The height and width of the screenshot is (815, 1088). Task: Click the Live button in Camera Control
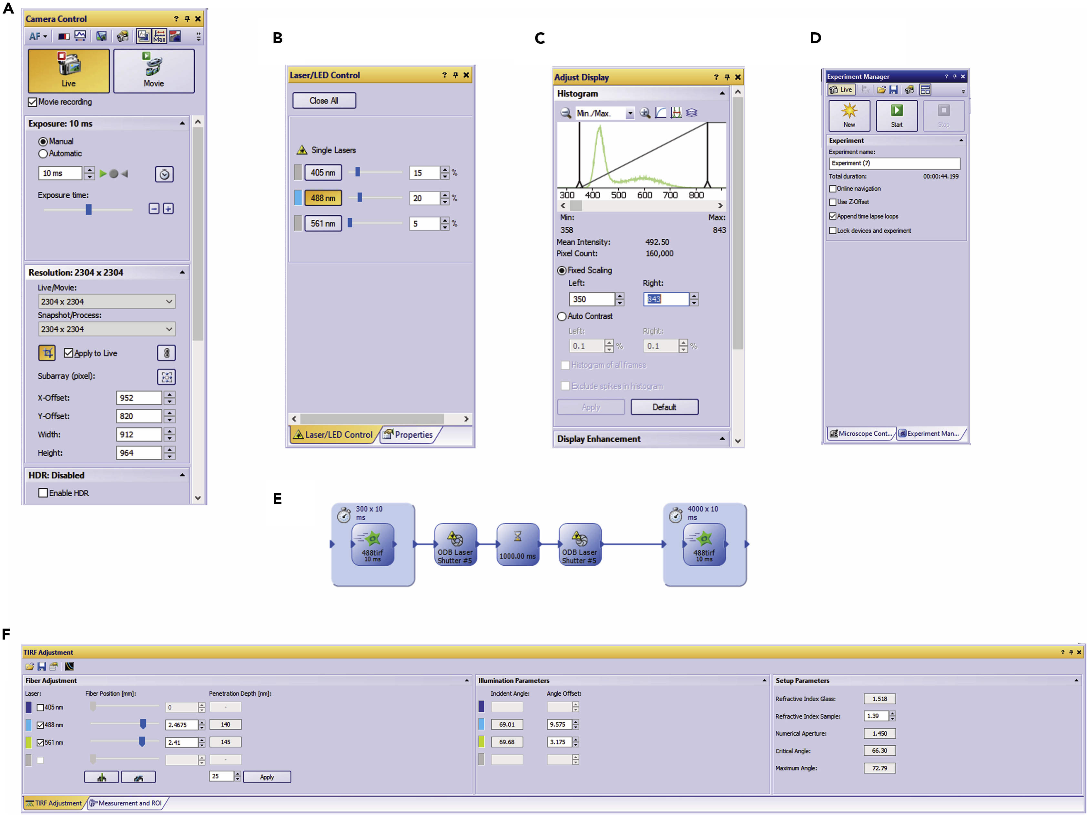click(68, 71)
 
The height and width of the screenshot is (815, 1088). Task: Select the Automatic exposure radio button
click(43, 154)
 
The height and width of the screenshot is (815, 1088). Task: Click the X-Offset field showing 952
click(139, 398)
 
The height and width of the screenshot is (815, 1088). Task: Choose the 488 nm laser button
click(323, 198)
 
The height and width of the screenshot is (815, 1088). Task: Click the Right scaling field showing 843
click(666, 299)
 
